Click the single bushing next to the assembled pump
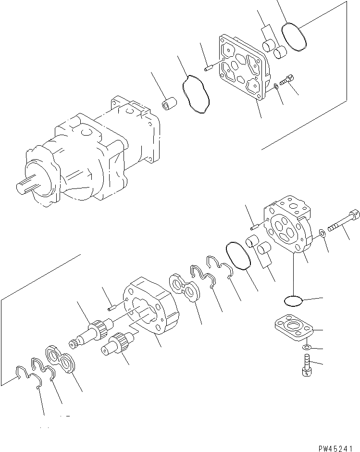click(168, 104)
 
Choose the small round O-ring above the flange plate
click(293, 301)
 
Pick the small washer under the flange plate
click(306, 347)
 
